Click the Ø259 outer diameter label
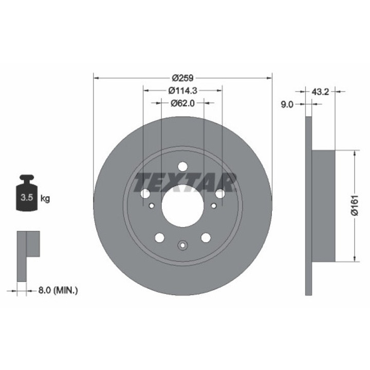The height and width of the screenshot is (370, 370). (182, 78)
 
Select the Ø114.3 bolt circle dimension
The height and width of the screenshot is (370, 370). (182, 90)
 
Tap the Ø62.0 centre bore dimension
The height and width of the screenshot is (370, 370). (182, 103)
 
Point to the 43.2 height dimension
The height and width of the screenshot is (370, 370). (320, 92)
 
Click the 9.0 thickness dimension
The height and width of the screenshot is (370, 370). (287, 104)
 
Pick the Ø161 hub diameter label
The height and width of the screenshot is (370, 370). (355, 205)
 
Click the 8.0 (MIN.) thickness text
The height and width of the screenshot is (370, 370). (58, 290)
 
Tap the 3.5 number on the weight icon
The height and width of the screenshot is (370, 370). (27, 197)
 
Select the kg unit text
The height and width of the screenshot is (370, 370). (45, 198)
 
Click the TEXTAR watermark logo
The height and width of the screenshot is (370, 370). (185, 182)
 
